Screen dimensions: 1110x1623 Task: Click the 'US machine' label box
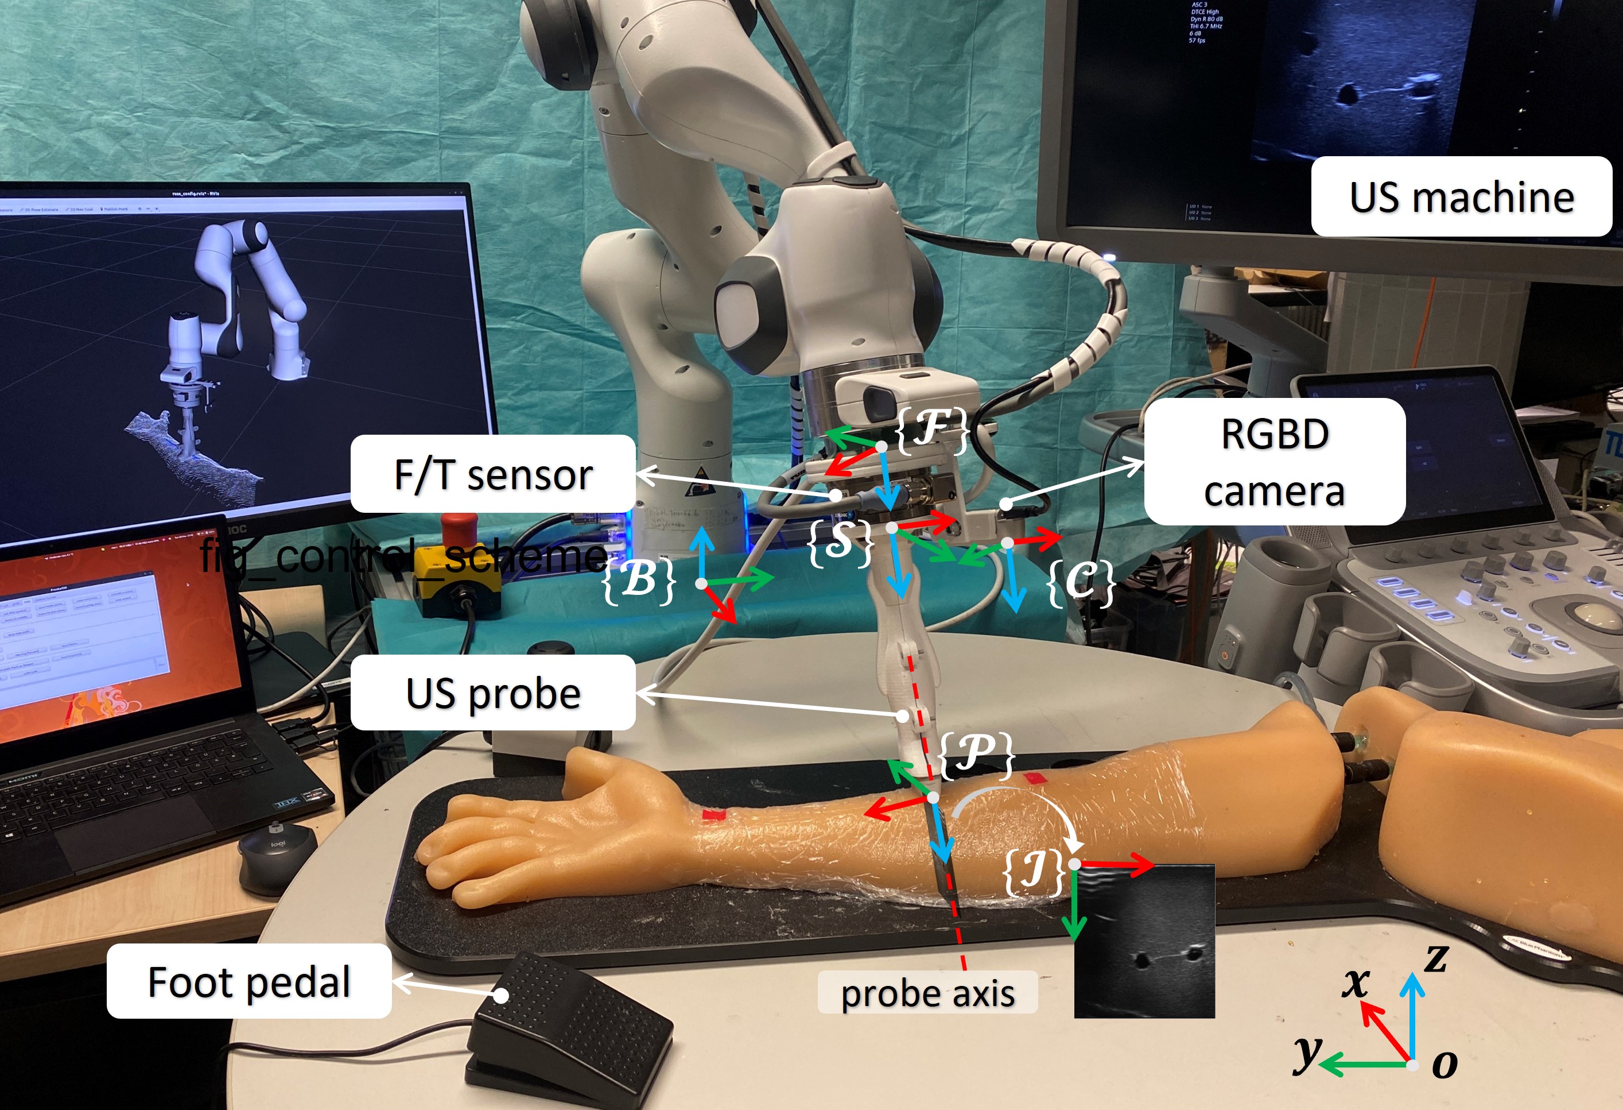[1461, 196]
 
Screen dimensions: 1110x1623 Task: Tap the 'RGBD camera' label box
[1274, 462]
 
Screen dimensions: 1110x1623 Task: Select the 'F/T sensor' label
[493, 474]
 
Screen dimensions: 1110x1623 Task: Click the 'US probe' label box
[493, 693]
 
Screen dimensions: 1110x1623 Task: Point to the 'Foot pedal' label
[249, 981]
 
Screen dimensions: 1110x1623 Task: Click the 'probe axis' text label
[927, 992]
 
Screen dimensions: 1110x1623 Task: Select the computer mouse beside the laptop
[277, 856]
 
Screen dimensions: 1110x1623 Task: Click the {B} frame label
[639, 580]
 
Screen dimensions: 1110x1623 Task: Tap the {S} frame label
[841, 542]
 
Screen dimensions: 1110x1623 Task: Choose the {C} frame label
[1080, 582]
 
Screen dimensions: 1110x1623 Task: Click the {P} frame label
[976, 755]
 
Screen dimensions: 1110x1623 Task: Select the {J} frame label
[1034, 871]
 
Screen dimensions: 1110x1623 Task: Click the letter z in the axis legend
[1436, 958]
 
